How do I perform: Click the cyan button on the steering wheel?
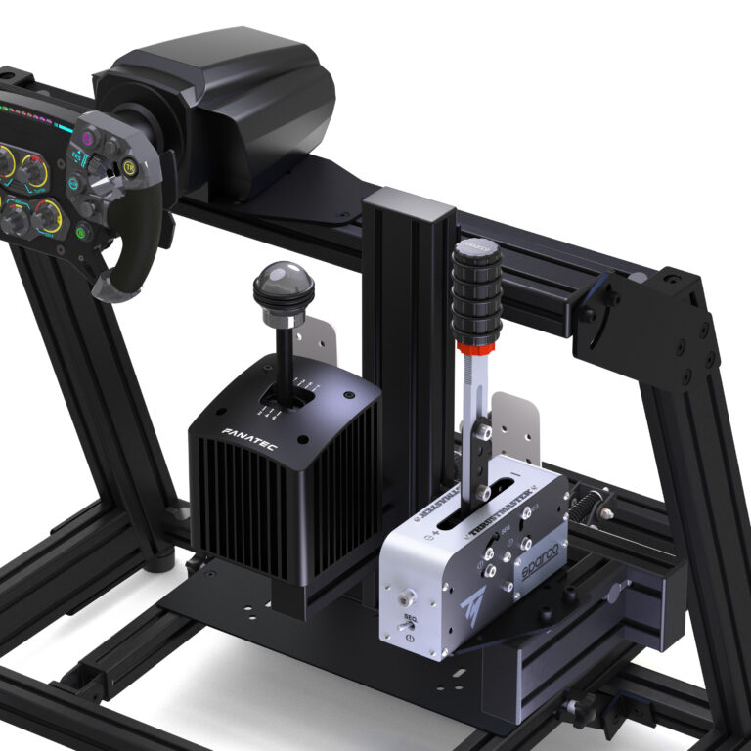point(72,183)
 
